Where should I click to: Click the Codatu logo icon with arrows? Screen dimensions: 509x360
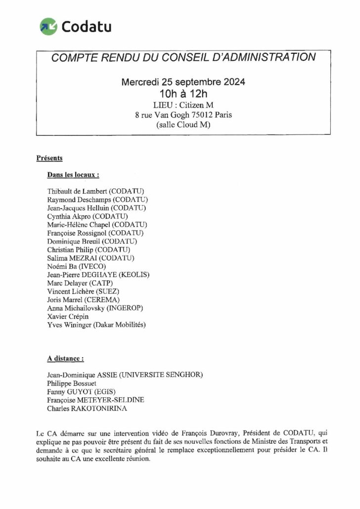click(48, 25)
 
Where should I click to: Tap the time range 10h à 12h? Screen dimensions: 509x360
click(183, 93)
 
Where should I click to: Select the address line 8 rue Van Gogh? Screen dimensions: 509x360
click(183, 115)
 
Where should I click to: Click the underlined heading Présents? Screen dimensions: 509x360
click(49, 158)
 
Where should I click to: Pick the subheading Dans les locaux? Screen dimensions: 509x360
click(73, 174)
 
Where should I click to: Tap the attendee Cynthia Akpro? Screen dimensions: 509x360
click(69, 216)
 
